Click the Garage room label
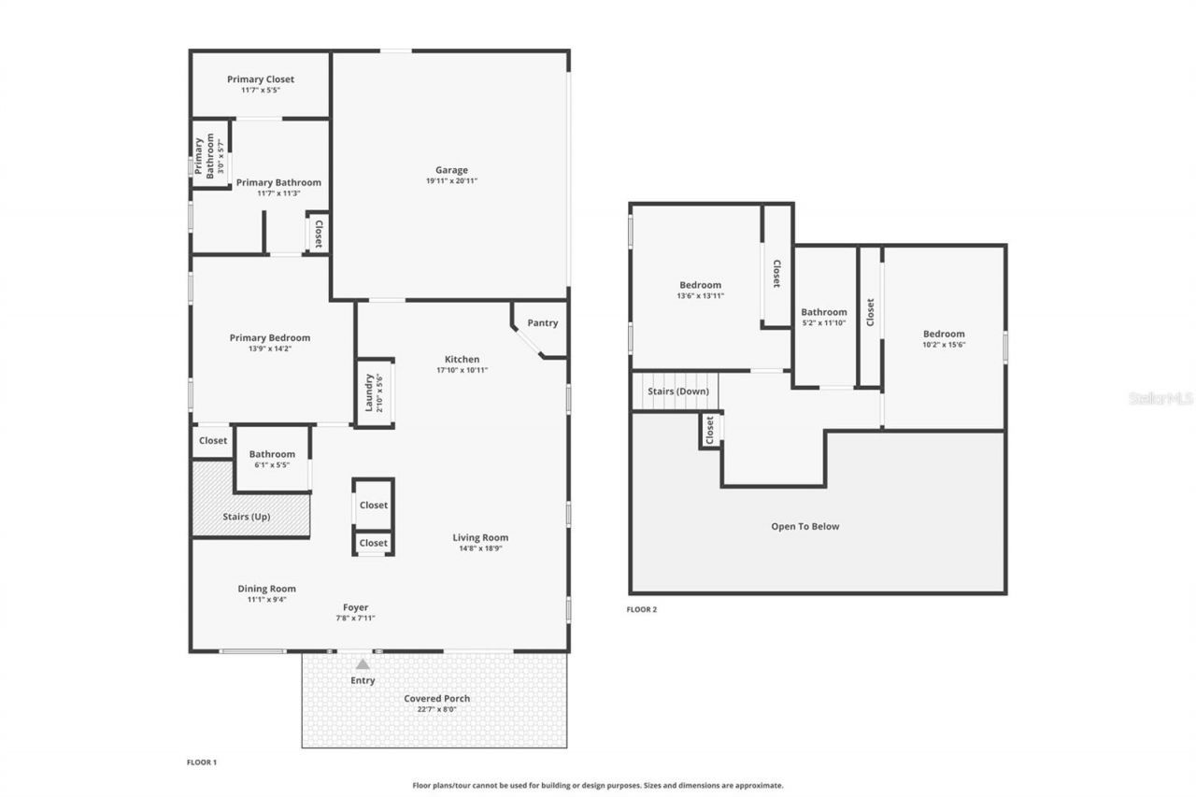(451, 170)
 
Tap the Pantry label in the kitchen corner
(542, 323)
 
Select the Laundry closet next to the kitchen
(374, 392)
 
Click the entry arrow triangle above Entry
(363, 664)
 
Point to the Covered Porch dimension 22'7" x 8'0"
(436, 709)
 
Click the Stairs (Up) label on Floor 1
(247, 517)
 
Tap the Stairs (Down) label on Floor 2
(677, 391)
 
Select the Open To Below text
(804, 526)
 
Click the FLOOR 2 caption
(642, 609)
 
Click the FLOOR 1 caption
(202, 762)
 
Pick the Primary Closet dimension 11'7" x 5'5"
(260, 90)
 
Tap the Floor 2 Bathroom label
(824, 312)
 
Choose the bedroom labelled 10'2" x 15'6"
(944, 339)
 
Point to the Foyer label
(355, 607)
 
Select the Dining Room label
(266, 589)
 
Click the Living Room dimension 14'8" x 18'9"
(480, 548)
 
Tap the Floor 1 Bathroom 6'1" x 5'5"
(272, 460)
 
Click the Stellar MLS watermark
(1161, 398)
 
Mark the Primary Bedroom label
(270, 338)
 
